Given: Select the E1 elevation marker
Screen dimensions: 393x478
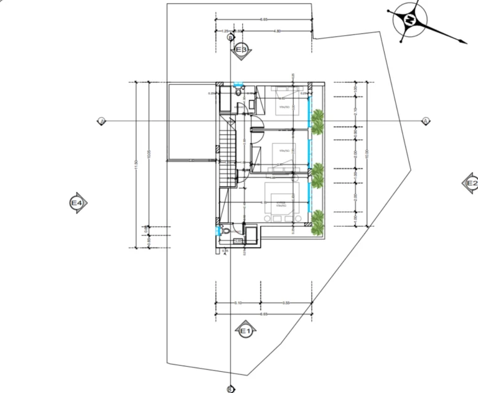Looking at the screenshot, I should [245, 331].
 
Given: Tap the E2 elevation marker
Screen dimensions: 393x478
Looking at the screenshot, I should [471, 183].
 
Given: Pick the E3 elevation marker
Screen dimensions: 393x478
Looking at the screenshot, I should [241, 49].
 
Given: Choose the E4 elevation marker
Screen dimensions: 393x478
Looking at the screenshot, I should [78, 203].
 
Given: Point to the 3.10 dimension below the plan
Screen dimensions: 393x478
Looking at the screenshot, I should [238, 303].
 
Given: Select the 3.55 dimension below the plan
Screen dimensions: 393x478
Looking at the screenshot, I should [286, 303].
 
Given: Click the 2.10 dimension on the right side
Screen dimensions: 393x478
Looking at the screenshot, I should [354, 110].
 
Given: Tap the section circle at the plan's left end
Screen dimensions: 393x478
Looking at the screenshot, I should [101, 121].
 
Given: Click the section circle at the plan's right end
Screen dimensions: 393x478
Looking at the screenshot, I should [426, 121].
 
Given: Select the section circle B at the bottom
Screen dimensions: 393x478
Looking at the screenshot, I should [230, 389].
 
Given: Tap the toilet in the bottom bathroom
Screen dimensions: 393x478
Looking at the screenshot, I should [226, 232].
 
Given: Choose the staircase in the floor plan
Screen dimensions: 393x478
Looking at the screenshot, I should [227, 153].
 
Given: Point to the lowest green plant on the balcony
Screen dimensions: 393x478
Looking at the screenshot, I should [318, 221].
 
